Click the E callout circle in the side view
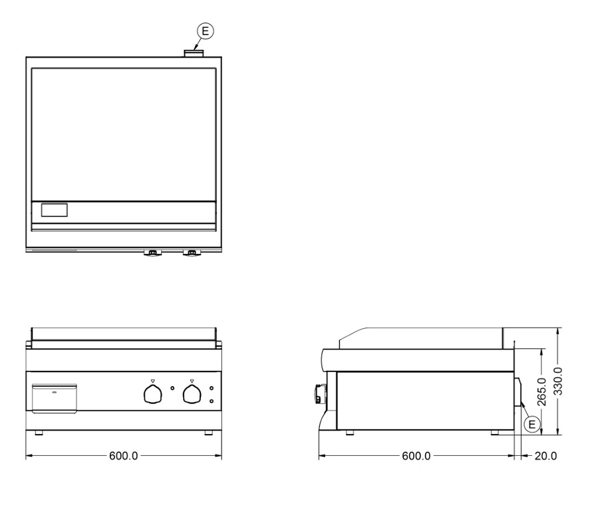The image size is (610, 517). (x=532, y=423)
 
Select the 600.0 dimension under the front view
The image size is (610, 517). (x=123, y=456)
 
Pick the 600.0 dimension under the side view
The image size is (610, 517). (x=416, y=456)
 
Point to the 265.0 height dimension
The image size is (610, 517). (x=541, y=391)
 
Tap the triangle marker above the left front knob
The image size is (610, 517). (x=152, y=381)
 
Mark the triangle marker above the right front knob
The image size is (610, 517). (x=192, y=381)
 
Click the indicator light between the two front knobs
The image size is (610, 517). (x=172, y=388)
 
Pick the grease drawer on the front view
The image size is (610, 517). (x=55, y=398)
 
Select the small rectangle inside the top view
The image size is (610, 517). (x=55, y=211)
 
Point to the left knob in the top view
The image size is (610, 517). (x=152, y=253)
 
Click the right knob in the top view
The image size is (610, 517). (x=192, y=253)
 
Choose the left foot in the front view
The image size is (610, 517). (x=39, y=433)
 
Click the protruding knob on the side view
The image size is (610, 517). (x=317, y=394)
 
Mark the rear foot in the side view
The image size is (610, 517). (x=496, y=433)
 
